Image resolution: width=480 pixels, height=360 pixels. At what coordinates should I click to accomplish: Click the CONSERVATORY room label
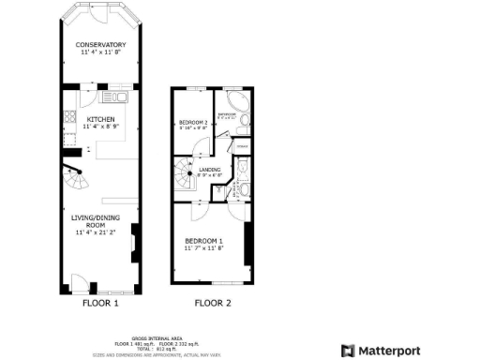(100, 44)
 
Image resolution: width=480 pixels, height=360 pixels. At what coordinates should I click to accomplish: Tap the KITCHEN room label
(100, 120)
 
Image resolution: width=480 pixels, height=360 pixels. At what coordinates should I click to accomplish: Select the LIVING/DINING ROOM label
(100, 221)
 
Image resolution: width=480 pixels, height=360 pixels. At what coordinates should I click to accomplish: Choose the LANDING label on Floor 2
(210, 169)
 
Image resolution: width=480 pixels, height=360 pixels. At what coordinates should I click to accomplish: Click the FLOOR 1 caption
(100, 303)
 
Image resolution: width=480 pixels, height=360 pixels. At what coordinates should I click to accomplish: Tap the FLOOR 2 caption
(212, 303)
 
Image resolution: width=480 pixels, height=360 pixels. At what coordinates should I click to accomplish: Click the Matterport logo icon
(348, 351)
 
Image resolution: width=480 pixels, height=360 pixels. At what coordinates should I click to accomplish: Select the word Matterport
(389, 351)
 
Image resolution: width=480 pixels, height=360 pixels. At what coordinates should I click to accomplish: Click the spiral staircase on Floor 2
(184, 173)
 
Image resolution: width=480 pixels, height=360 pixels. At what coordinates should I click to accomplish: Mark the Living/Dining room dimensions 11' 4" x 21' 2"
(100, 233)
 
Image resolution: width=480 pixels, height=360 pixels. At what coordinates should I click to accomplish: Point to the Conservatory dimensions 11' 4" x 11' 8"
(100, 52)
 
